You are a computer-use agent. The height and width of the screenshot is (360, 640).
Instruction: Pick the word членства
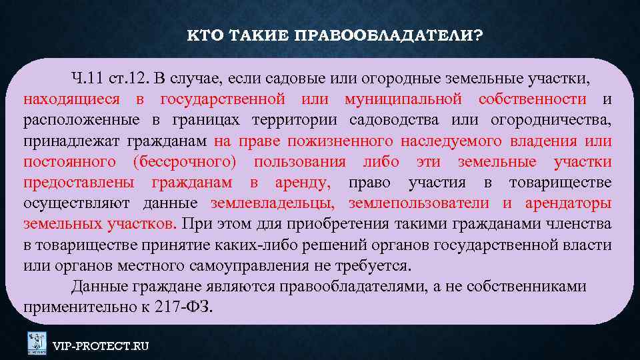tap(579, 224)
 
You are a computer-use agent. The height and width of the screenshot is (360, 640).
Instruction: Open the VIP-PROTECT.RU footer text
tap(101, 345)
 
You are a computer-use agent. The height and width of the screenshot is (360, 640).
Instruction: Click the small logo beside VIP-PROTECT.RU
tap(37, 343)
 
